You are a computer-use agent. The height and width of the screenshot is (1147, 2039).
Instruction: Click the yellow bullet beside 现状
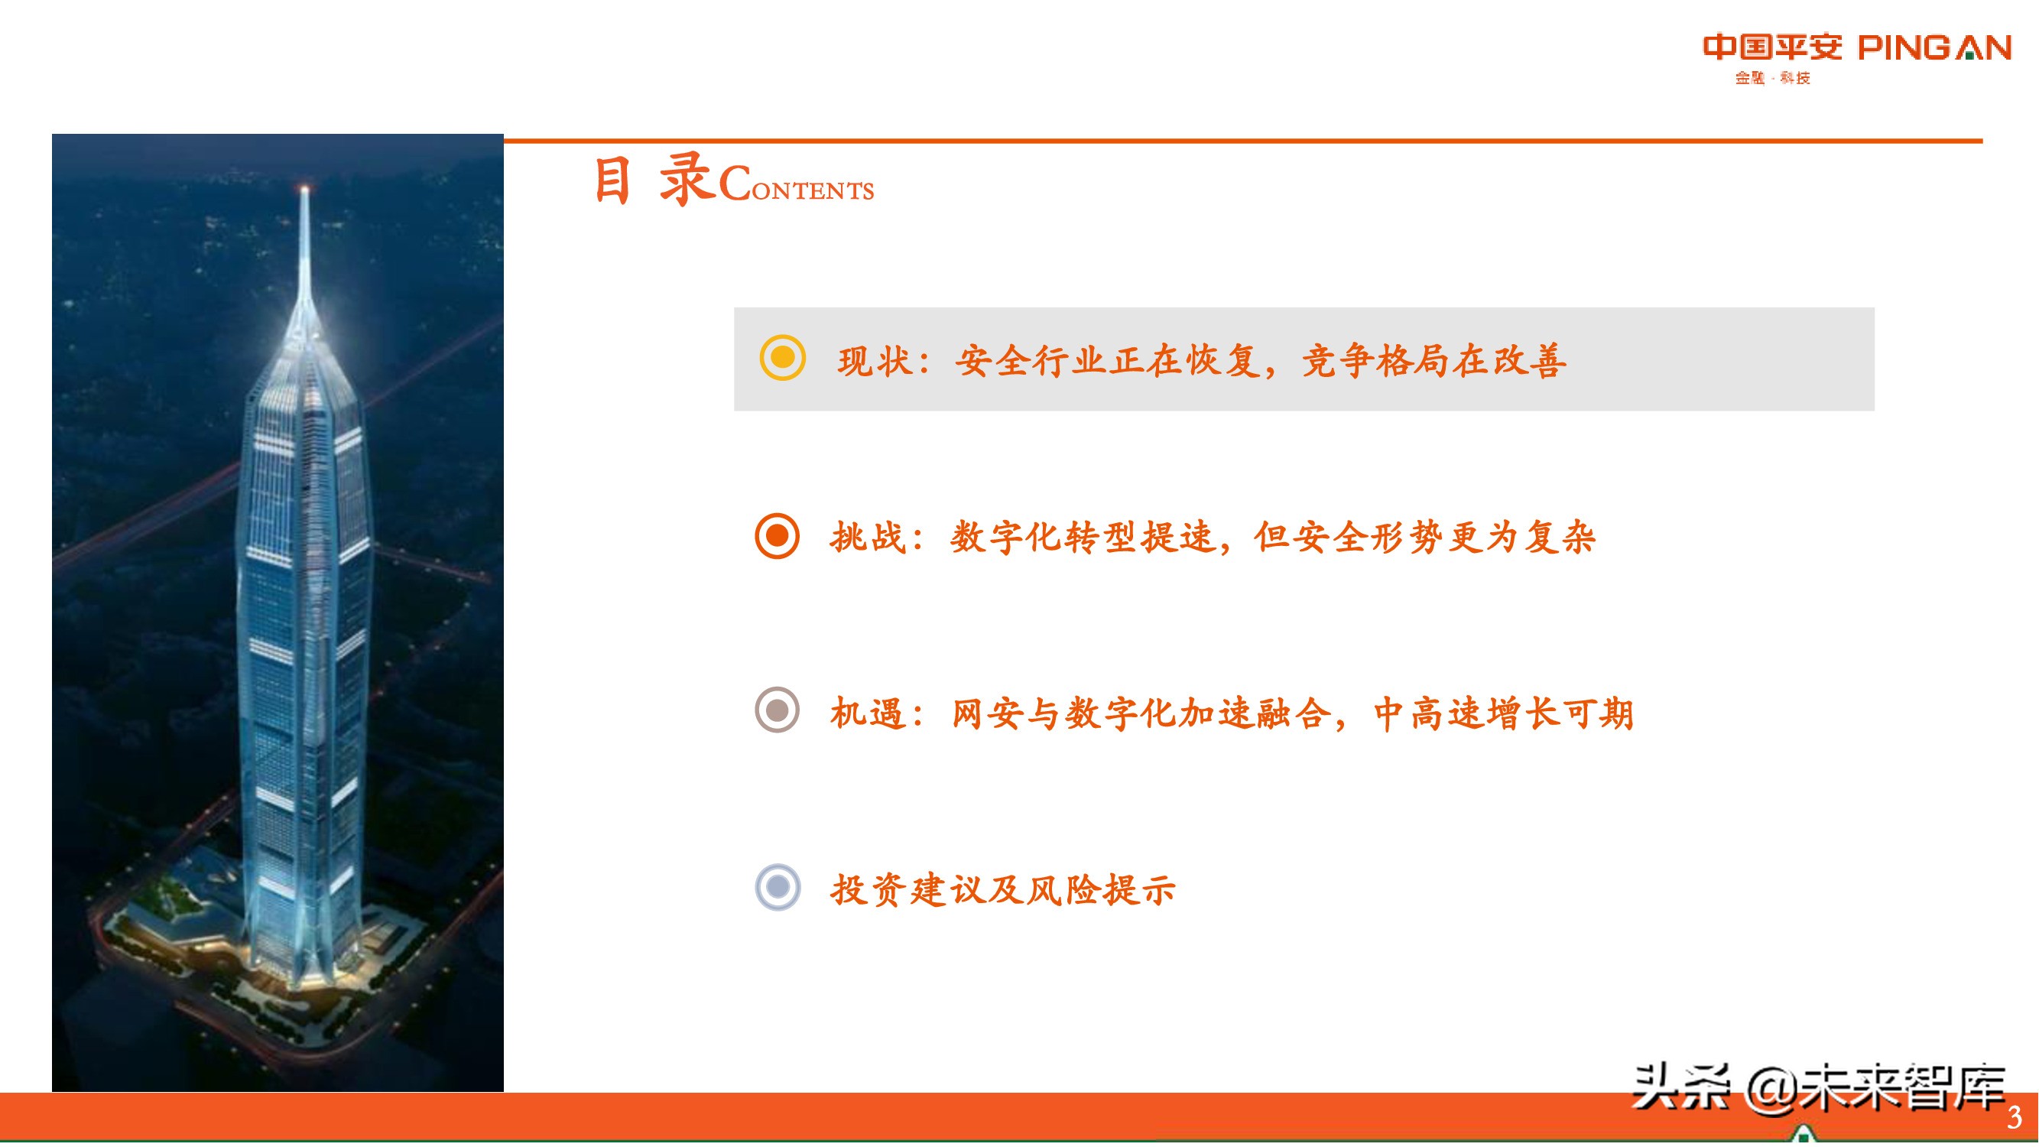click(782, 359)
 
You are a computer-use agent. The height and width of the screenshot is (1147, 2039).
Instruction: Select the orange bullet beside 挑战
click(778, 536)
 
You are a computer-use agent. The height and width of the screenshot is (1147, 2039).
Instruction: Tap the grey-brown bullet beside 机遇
click(778, 710)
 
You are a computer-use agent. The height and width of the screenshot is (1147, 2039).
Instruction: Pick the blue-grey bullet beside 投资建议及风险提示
click(778, 886)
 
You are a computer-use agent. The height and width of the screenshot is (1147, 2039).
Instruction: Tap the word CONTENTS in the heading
click(797, 187)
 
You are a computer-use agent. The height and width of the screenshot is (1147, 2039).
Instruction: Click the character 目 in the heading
click(612, 180)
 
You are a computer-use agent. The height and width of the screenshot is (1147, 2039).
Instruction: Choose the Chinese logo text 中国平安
click(1772, 47)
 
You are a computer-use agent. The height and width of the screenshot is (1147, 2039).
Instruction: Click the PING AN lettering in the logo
click(1933, 48)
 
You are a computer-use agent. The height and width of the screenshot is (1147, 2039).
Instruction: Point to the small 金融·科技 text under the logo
click(1772, 77)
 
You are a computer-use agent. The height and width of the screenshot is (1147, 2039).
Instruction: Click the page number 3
click(2014, 1117)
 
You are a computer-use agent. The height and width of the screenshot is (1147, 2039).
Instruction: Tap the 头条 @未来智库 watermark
click(1819, 1089)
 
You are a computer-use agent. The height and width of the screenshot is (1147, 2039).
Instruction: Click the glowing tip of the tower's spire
click(304, 188)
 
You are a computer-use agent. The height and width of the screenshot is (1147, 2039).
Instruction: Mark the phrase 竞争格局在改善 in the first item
click(1433, 361)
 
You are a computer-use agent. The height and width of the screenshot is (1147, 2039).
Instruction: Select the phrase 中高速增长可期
click(1503, 713)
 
